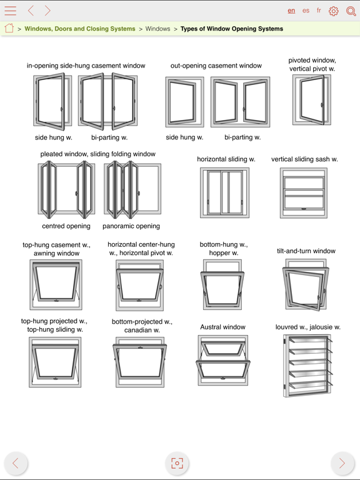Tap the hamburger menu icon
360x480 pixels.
(x=11, y=11)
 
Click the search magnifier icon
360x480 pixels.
(x=351, y=11)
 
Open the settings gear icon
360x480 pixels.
(x=334, y=11)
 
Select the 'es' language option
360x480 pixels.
(x=306, y=11)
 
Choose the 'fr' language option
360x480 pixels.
(x=319, y=11)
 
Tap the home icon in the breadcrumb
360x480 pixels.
(x=9, y=28)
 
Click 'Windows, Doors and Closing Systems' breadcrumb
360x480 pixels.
(x=79, y=29)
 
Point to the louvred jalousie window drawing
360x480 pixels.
(x=307, y=366)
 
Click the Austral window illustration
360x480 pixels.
(x=223, y=360)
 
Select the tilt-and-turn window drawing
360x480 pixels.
(x=306, y=285)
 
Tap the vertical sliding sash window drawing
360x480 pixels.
(x=303, y=192)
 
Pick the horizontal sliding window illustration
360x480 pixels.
(x=224, y=192)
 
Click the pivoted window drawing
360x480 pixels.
(x=311, y=100)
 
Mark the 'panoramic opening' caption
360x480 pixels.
(x=131, y=226)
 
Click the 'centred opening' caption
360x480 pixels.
(x=66, y=226)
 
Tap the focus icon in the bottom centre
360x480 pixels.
(x=177, y=463)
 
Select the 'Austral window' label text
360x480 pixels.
(x=222, y=327)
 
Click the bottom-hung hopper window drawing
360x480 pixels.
(x=222, y=286)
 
